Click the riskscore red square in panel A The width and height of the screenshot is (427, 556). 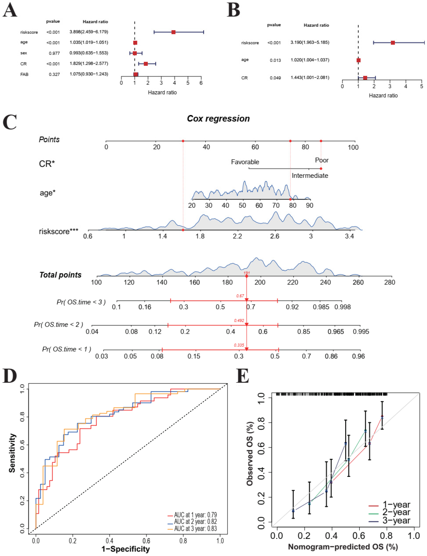tap(173, 32)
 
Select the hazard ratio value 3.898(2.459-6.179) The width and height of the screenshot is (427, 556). tap(89, 32)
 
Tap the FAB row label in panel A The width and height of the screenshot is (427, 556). tap(24, 74)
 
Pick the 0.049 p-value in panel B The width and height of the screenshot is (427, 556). tap(275, 78)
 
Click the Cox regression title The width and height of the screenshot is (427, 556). tap(218, 118)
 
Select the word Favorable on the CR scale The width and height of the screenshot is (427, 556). tap(245, 162)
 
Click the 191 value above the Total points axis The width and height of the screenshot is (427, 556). tap(247, 273)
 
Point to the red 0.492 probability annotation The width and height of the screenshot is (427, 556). tap(239, 320)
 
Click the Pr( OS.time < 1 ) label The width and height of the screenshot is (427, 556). tap(67, 349)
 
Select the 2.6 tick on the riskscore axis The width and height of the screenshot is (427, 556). tap(275, 236)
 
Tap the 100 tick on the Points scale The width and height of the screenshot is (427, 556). tap(353, 147)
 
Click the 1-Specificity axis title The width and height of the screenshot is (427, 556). tap(126, 549)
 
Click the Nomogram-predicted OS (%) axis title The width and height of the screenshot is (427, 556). tap(343, 547)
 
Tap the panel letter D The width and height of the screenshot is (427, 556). tap(10, 376)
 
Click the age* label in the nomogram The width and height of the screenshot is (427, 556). tap(48, 193)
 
